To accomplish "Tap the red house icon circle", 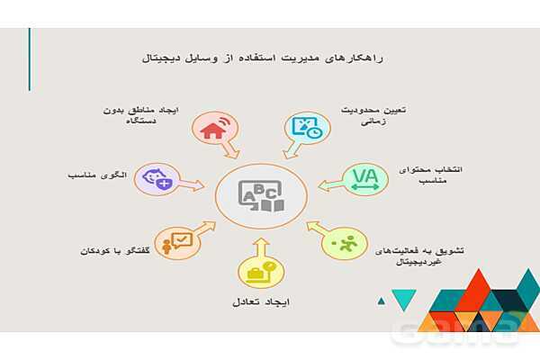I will point(212,128).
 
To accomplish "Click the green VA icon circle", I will point(364,175).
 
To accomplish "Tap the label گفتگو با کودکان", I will point(110,248).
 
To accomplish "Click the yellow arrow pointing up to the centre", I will point(260,246).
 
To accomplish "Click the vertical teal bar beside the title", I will point(30,58).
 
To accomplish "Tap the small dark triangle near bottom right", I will point(382,301).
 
